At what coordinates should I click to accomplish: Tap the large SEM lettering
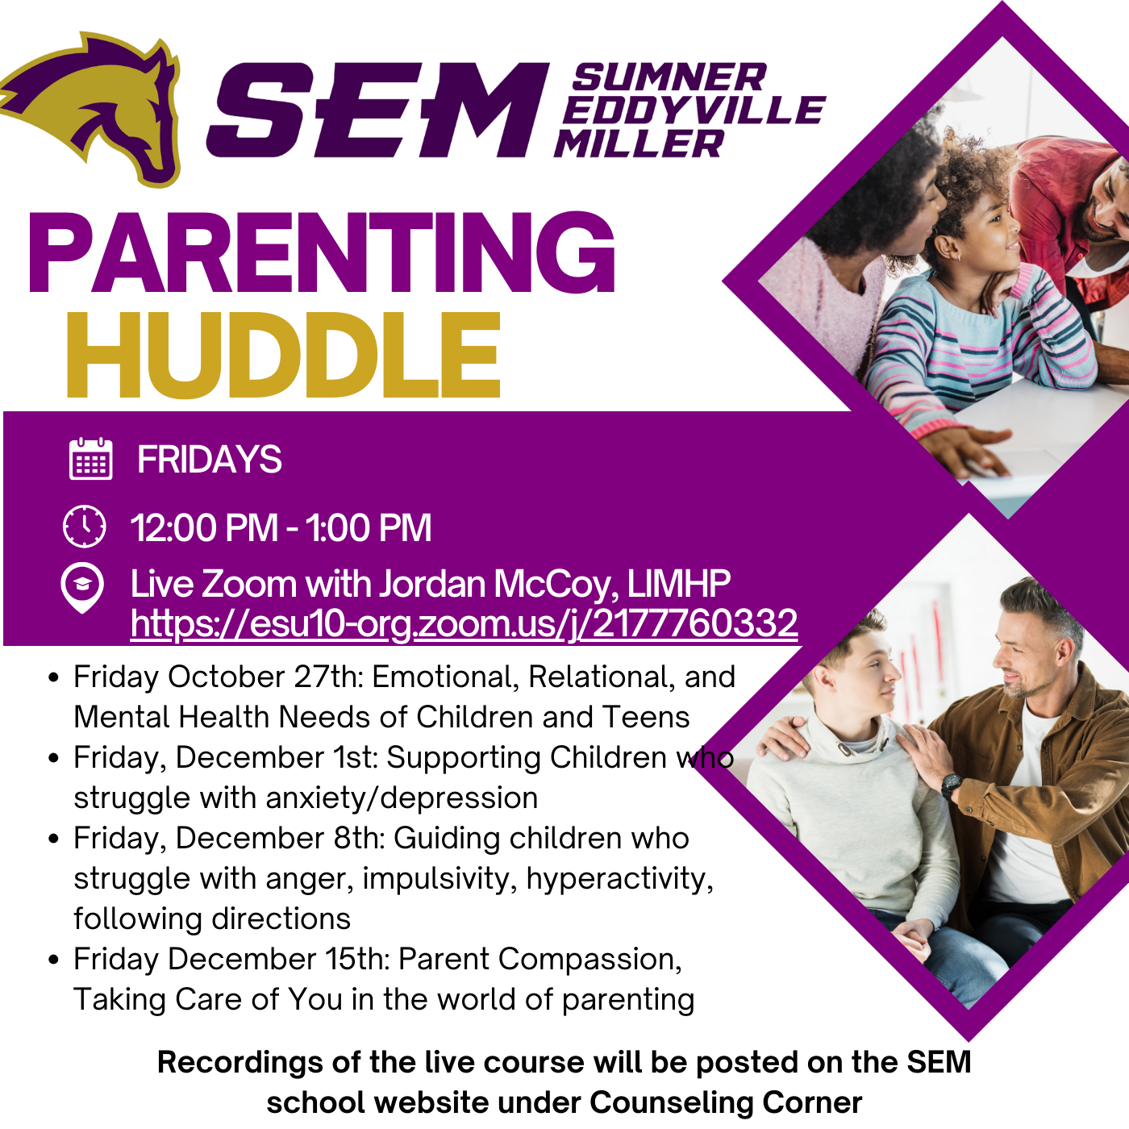(378, 110)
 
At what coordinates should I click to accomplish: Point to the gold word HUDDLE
(284, 355)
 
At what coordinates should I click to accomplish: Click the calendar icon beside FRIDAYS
(91, 459)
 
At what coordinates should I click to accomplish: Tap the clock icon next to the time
(85, 526)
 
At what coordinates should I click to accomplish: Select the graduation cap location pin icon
(82, 588)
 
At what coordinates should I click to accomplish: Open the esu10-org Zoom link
(464, 623)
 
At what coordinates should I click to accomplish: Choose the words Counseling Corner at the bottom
(725, 1102)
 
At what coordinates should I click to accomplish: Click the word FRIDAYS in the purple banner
(209, 460)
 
